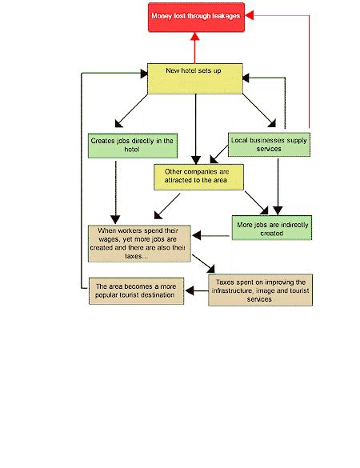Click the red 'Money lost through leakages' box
click(196, 18)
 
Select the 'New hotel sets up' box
click(195, 78)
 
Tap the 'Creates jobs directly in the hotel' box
click(133, 146)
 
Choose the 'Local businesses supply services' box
click(269, 145)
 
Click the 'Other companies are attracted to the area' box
click(198, 177)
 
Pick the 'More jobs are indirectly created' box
click(272, 227)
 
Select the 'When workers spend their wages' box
click(139, 243)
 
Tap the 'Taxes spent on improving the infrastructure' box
click(260, 290)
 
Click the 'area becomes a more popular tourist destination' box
click(136, 291)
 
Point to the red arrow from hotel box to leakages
click(195, 48)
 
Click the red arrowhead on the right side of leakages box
click(250, 15)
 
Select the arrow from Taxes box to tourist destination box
click(197, 290)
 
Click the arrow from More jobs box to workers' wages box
click(211, 235)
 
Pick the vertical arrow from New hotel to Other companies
click(196, 130)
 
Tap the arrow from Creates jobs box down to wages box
click(115, 193)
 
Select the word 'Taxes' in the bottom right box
click(225, 282)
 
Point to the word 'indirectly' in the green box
click(293, 225)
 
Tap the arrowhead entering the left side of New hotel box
click(144, 74)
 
